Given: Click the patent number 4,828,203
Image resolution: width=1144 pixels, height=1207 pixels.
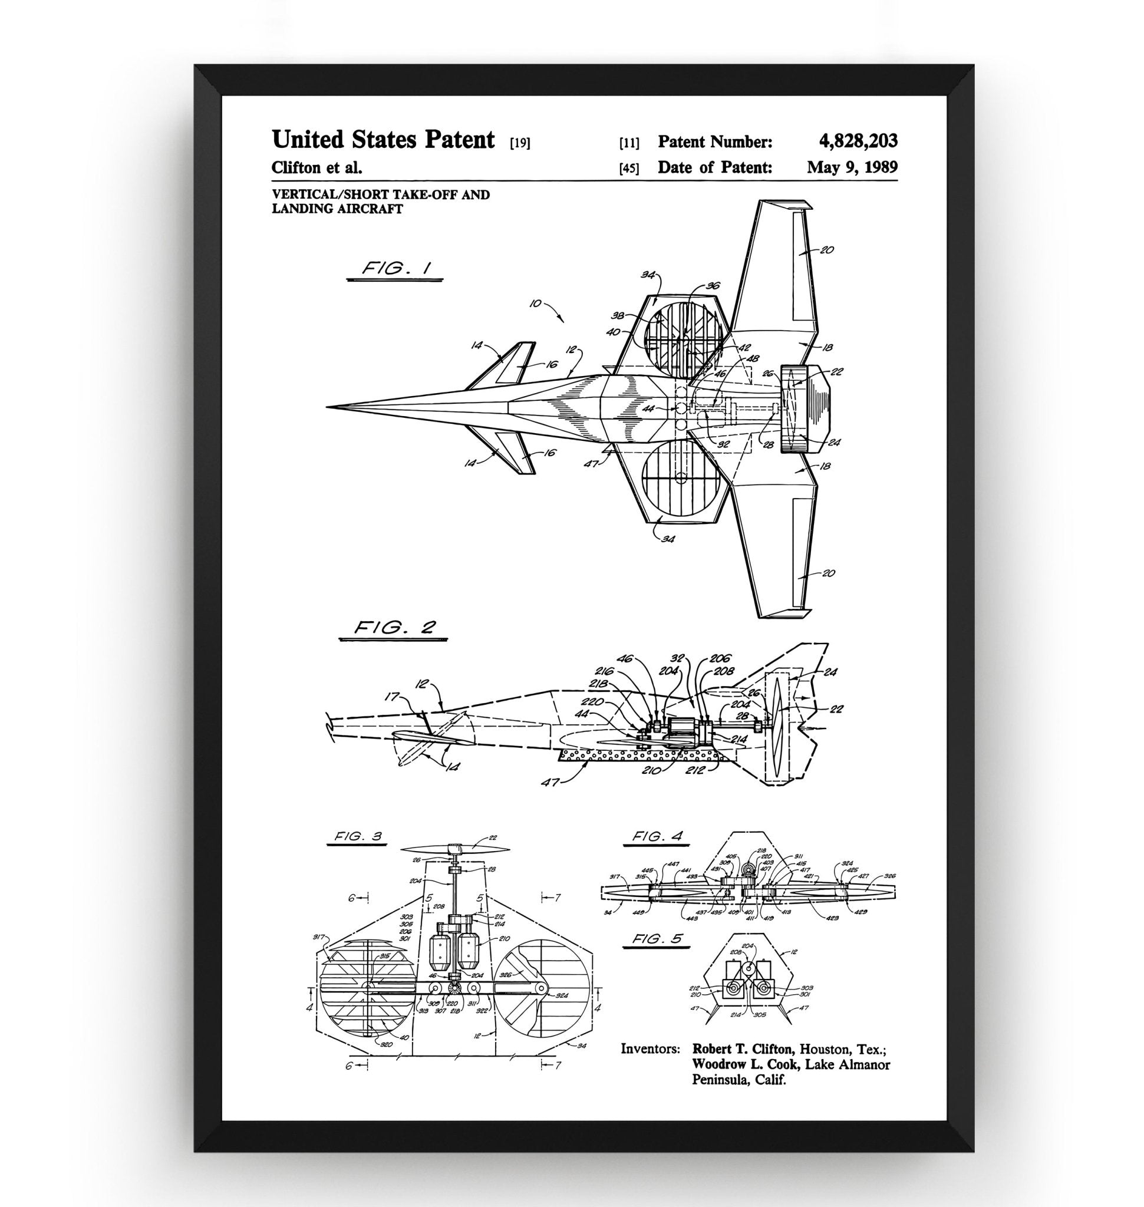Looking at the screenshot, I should pyautogui.click(x=858, y=141).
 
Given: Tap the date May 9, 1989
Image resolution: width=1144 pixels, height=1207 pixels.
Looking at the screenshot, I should pyautogui.click(x=851, y=167).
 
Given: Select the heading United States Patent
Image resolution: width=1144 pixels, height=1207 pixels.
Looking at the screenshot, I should pyautogui.click(x=383, y=140).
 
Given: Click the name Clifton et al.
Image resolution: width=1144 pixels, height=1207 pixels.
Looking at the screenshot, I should pyautogui.click(x=317, y=167).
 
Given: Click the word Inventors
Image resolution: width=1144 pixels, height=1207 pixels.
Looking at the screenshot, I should pyautogui.click(x=650, y=1050).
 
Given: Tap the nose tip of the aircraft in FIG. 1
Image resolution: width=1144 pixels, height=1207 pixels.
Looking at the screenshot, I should pyautogui.click(x=328, y=406).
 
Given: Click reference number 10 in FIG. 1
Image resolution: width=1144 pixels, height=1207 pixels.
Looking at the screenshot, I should pyautogui.click(x=535, y=303).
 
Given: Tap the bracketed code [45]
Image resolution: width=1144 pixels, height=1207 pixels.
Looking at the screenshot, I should pyautogui.click(x=629, y=169).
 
